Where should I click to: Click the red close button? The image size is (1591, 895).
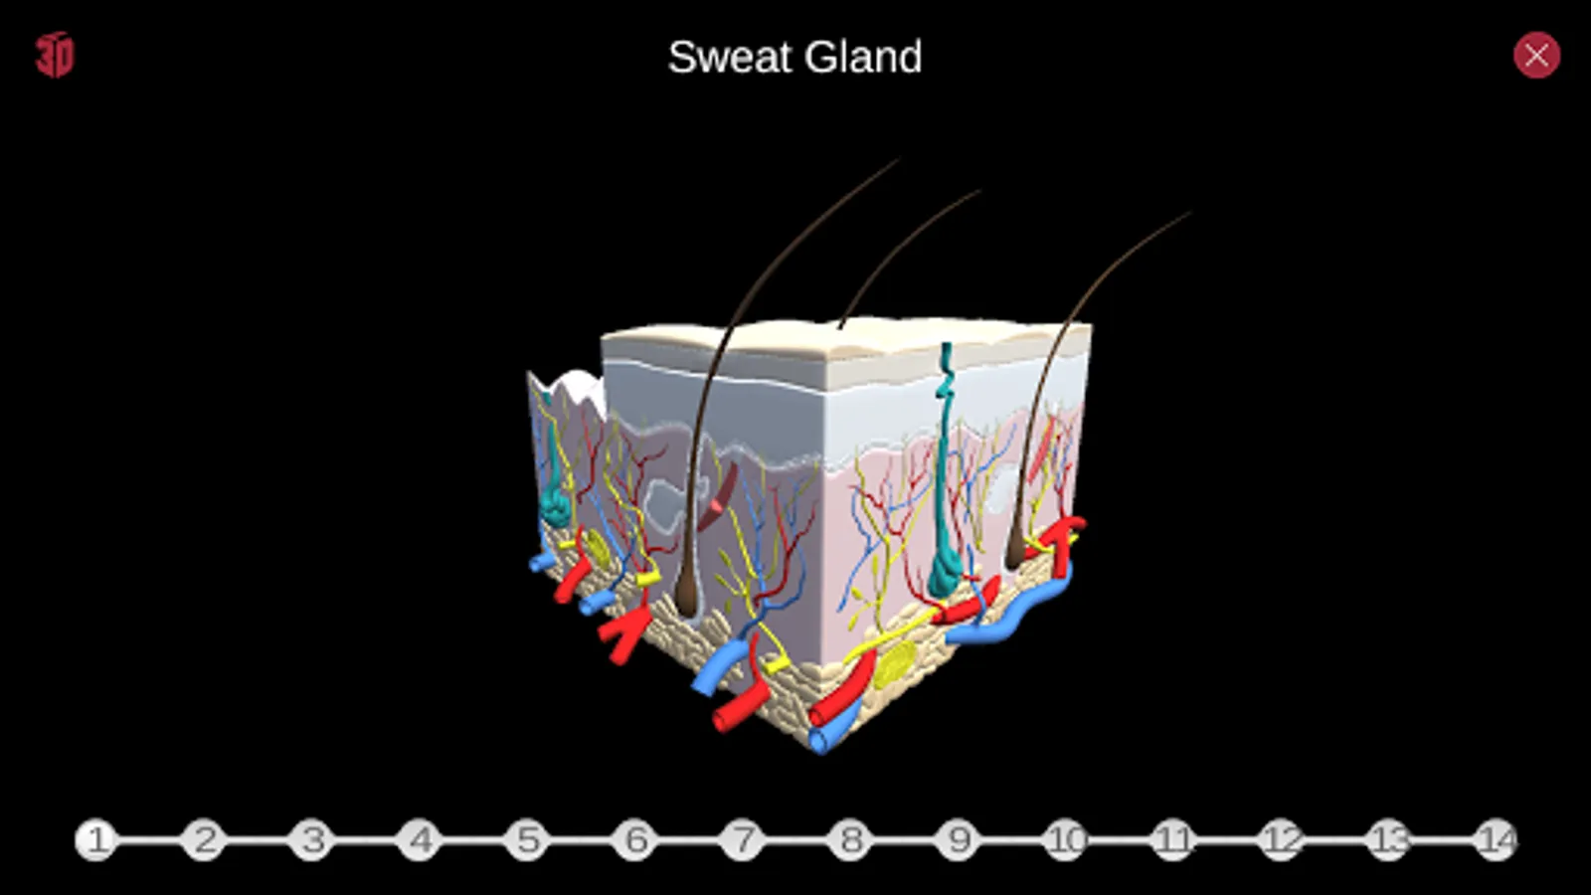(1536, 55)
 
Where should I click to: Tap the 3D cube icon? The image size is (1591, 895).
(55, 55)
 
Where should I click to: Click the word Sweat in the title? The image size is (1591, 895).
(731, 57)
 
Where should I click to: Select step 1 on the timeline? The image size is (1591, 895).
(96, 840)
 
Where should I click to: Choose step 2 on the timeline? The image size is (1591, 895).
(205, 840)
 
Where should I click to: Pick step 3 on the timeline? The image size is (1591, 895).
(312, 840)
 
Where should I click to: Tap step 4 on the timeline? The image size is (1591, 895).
(420, 840)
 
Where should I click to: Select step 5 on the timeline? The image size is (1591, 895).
(528, 840)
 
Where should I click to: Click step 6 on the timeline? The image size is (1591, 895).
(635, 840)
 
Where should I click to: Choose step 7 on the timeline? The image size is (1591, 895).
(743, 840)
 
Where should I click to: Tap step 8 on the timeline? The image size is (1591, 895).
(851, 840)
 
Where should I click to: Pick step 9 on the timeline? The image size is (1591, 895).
(959, 840)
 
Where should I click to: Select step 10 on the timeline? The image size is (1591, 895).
(1066, 840)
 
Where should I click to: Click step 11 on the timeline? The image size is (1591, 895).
(1173, 840)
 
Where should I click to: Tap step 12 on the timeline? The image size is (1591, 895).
(1282, 840)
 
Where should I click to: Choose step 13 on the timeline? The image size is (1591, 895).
(1389, 840)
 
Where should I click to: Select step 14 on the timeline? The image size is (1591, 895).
(1497, 840)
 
